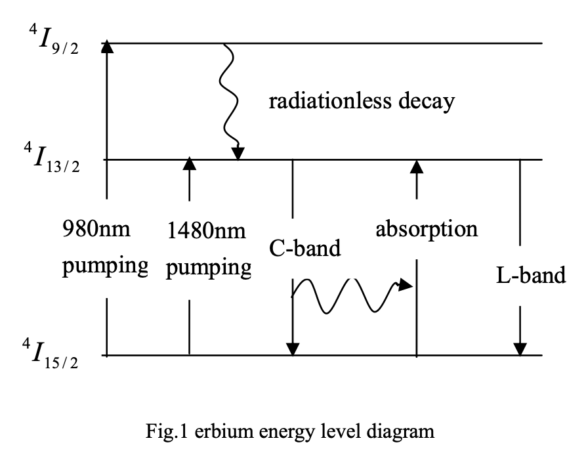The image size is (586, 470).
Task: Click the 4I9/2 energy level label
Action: (50, 41)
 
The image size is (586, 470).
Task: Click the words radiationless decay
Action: (362, 102)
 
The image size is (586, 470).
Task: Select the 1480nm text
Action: (206, 230)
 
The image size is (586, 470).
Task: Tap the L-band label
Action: (531, 275)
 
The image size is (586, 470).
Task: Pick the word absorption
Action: (427, 229)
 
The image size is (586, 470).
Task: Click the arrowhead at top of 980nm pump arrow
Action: (106, 47)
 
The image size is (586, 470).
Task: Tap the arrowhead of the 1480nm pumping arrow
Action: (189, 163)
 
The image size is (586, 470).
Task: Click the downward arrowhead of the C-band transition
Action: (293, 349)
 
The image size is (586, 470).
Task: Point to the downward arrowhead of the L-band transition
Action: (520, 349)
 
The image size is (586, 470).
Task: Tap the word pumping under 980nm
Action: (106, 268)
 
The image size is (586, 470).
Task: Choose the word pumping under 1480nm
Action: (209, 269)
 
